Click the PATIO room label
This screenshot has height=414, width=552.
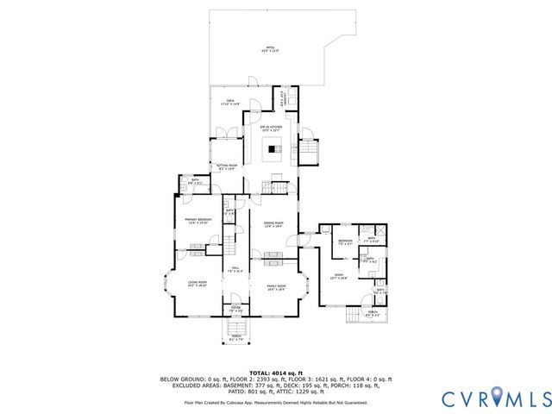(271, 50)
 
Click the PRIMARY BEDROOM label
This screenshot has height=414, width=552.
(198, 221)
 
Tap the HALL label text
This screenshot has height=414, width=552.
(235, 270)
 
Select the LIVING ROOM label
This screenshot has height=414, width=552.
(198, 282)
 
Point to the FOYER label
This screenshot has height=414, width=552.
(235, 309)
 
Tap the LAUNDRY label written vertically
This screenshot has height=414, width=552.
(282, 99)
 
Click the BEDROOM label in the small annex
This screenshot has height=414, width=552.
(344, 241)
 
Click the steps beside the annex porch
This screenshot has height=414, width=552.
(354, 317)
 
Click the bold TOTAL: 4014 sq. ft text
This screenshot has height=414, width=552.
(275, 372)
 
